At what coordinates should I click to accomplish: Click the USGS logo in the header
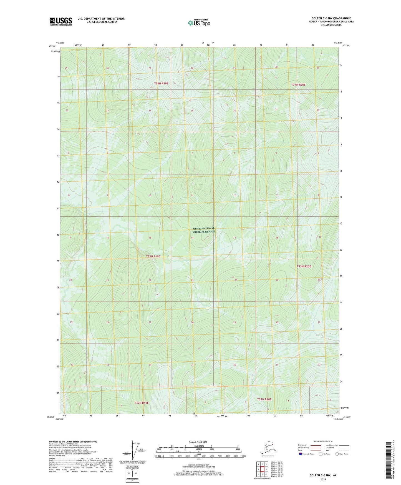(x=60, y=21)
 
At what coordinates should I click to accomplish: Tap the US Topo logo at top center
(x=199, y=23)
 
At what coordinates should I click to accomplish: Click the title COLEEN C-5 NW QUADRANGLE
(x=331, y=18)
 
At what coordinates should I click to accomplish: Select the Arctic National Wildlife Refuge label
(x=203, y=230)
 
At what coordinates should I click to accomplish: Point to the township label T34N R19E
(x=161, y=83)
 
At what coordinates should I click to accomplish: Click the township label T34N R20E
(x=298, y=84)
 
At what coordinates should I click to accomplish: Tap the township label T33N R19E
(x=153, y=256)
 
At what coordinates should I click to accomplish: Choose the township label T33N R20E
(x=304, y=266)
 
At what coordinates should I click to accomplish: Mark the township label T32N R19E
(x=142, y=403)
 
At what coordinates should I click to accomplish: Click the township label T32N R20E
(x=264, y=399)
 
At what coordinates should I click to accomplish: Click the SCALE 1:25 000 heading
(x=198, y=442)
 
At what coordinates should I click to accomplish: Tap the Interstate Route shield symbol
(x=300, y=454)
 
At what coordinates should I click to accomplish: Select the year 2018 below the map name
(x=323, y=479)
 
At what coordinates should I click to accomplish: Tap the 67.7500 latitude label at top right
(x=346, y=45)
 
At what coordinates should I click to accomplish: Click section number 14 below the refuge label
(x=192, y=238)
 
